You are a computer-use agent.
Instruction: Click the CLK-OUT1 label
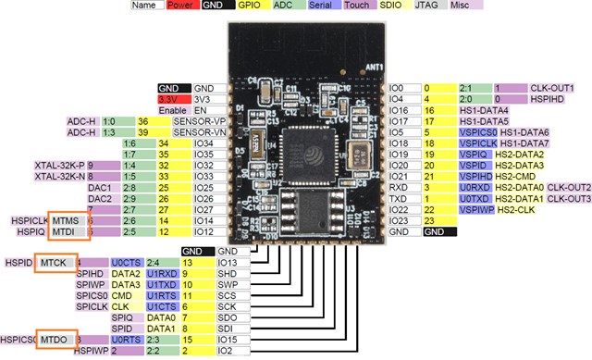coord(553,88)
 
